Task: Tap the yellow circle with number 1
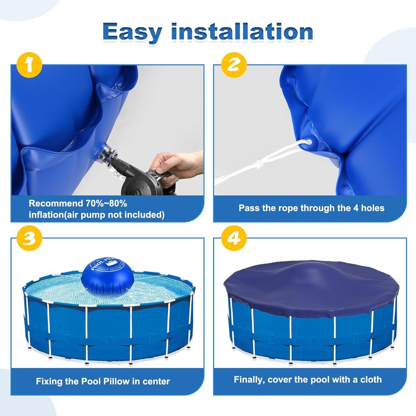29,65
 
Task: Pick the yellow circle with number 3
29,238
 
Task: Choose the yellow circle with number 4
234,238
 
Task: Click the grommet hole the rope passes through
309,143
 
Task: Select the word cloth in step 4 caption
370,380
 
